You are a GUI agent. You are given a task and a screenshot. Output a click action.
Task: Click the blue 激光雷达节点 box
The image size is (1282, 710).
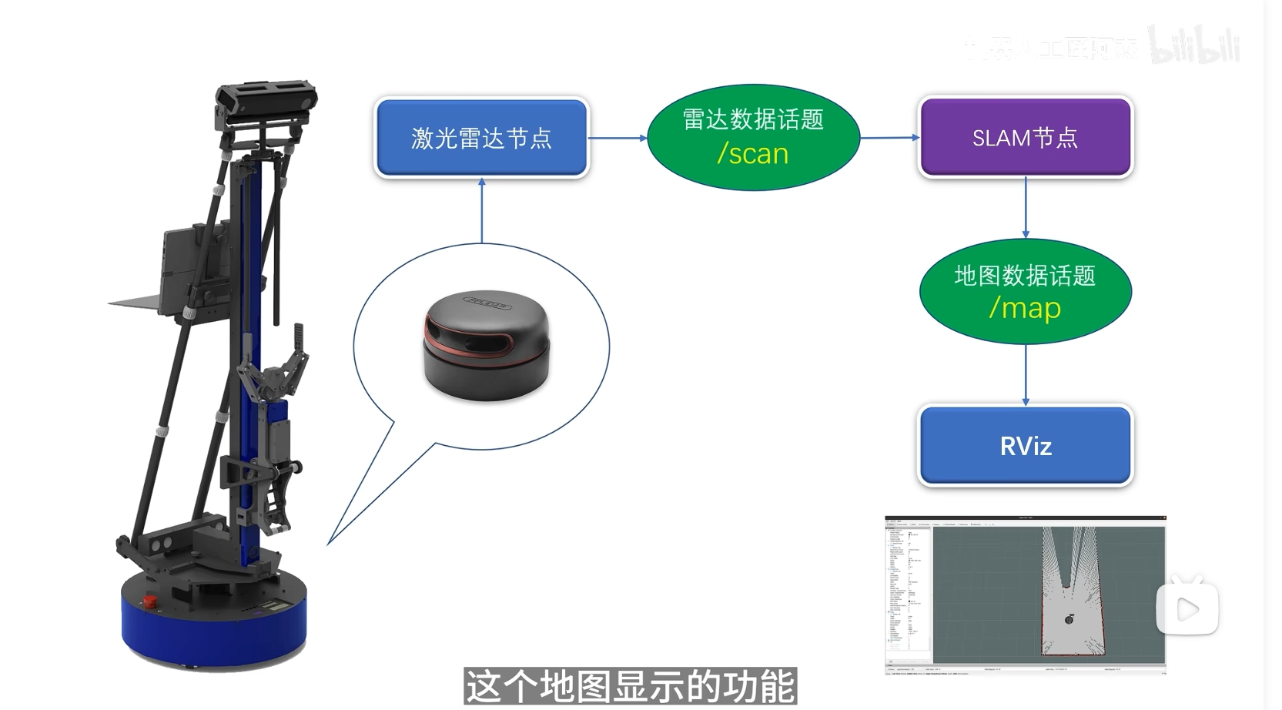click(481, 138)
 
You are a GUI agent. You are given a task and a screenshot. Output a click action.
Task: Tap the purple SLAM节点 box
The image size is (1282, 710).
click(1025, 137)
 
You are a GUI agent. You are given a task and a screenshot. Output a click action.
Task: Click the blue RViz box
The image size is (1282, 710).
click(1025, 446)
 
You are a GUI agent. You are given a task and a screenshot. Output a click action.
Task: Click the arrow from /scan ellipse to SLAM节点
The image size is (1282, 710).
click(889, 139)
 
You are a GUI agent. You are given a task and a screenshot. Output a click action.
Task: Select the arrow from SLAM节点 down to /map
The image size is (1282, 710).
click(1026, 208)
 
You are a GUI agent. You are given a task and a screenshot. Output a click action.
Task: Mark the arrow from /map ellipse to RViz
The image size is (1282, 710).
click(1026, 374)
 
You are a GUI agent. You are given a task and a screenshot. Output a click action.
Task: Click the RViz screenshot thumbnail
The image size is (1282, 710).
click(1025, 595)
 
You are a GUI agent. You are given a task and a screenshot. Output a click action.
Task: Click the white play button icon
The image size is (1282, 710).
click(1187, 608)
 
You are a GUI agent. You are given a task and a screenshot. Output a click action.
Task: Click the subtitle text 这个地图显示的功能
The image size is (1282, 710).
click(630, 686)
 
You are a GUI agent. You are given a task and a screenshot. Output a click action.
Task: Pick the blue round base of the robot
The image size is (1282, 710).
click(214, 624)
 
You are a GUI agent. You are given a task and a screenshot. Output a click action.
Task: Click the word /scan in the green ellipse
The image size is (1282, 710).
click(752, 154)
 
